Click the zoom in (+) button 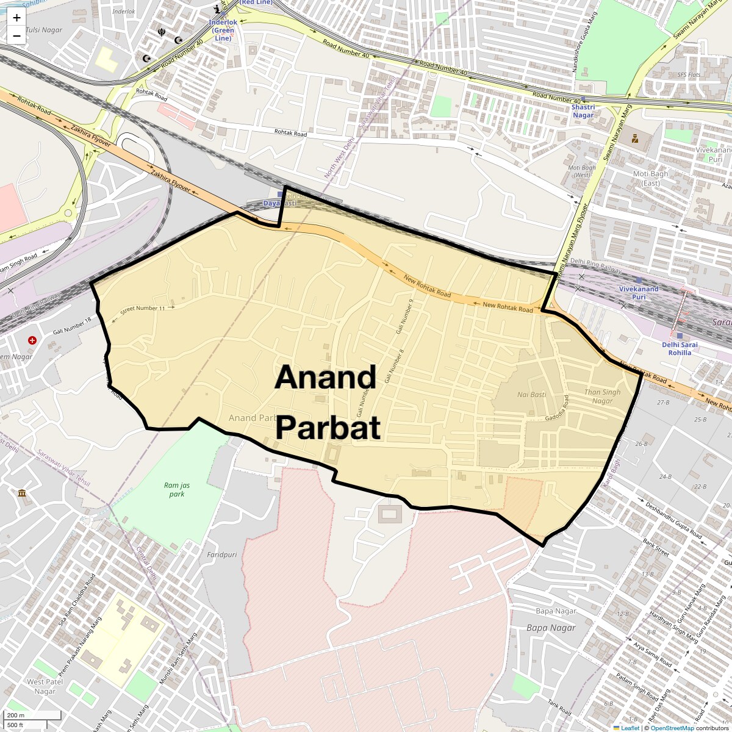[x=16, y=18]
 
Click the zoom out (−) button [x=16, y=35]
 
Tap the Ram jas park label [x=174, y=489]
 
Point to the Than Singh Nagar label [x=602, y=396]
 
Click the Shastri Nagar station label [x=583, y=110]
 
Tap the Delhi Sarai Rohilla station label [x=680, y=348]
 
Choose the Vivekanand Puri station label [x=639, y=293]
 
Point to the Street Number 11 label [x=143, y=309]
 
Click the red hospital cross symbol [x=32, y=340]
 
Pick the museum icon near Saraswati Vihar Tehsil [x=22, y=492]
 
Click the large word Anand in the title [x=325, y=378]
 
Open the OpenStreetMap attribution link [x=672, y=728]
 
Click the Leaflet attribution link [x=630, y=728]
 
